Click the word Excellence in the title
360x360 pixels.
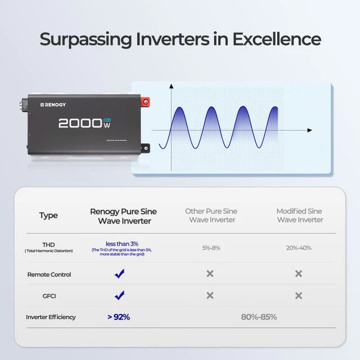coord(277,40)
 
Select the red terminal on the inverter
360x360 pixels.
coord(147,102)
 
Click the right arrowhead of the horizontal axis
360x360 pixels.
coord(309,130)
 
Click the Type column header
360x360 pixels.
coord(48,215)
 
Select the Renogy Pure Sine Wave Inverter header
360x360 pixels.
coord(123,216)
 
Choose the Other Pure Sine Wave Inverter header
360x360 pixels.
coord(211,215)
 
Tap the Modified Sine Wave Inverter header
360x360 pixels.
coord(300,215)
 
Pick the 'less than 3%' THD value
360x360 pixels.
coord(123,244)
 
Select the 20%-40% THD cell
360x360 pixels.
coord(299,247)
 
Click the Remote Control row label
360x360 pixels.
coord(49,274)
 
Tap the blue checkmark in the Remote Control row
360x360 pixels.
coord(119,274)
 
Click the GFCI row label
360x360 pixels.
coord(49,296)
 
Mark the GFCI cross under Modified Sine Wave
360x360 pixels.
coord(299,296)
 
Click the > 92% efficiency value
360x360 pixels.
coord(119,317)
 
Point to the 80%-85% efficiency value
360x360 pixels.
coord(259,317)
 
